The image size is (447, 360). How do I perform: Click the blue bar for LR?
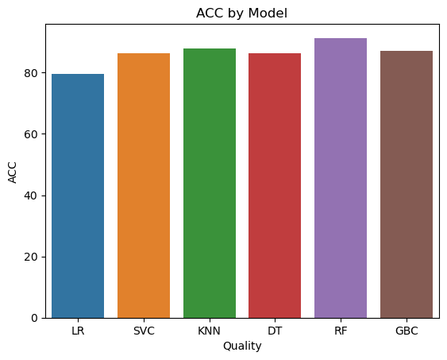point(78,196)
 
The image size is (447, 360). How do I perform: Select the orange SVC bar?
point(144,186)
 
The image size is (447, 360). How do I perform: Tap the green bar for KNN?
point(210,183)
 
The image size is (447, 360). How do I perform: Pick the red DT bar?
point(275,186)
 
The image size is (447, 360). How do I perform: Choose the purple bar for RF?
point(341,178)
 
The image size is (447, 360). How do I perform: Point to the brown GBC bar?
point(407,184)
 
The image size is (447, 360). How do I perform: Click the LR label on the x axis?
point(78,331)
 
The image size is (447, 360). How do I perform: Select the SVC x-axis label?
point(144,331)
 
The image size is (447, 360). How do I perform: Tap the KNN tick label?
point(210,331)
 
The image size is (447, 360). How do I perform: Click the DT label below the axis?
point(275,331)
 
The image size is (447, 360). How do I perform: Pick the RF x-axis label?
point(341,331)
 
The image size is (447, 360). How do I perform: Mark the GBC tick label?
point(407,331)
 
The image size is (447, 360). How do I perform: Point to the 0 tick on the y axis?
point(34,319)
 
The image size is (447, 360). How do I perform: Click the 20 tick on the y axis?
point(31,257)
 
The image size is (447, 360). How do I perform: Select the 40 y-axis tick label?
point(31,196)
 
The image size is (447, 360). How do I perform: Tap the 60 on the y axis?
point(31,134)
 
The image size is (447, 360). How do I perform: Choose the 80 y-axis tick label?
point(31,74)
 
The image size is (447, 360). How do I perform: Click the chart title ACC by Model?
point(241,14)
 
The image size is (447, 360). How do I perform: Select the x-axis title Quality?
point(242,346)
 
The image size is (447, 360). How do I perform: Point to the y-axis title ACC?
point(12,172)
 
